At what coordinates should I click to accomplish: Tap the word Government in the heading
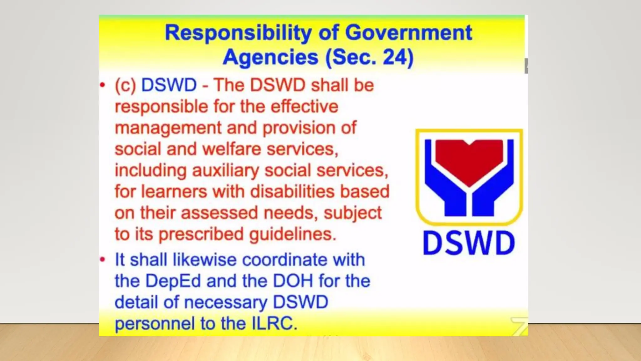[408, 33]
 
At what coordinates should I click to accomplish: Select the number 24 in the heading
[394, 57]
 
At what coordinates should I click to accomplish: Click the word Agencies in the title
[271, 57]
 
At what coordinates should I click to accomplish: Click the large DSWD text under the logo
[469, 243]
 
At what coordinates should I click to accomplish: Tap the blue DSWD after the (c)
[169, 85]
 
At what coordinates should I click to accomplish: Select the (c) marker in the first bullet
[125, 85]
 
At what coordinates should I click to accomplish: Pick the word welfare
[232, 149]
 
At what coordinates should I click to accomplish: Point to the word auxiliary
[225, 170]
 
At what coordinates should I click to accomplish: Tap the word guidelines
[293, 234]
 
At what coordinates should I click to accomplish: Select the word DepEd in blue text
[173, 281]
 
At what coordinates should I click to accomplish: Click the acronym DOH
[293, 281]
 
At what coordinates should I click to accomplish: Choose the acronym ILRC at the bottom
[274, 323]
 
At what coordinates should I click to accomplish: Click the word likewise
[205, 260]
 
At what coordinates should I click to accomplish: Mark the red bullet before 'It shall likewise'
[102, 259]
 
